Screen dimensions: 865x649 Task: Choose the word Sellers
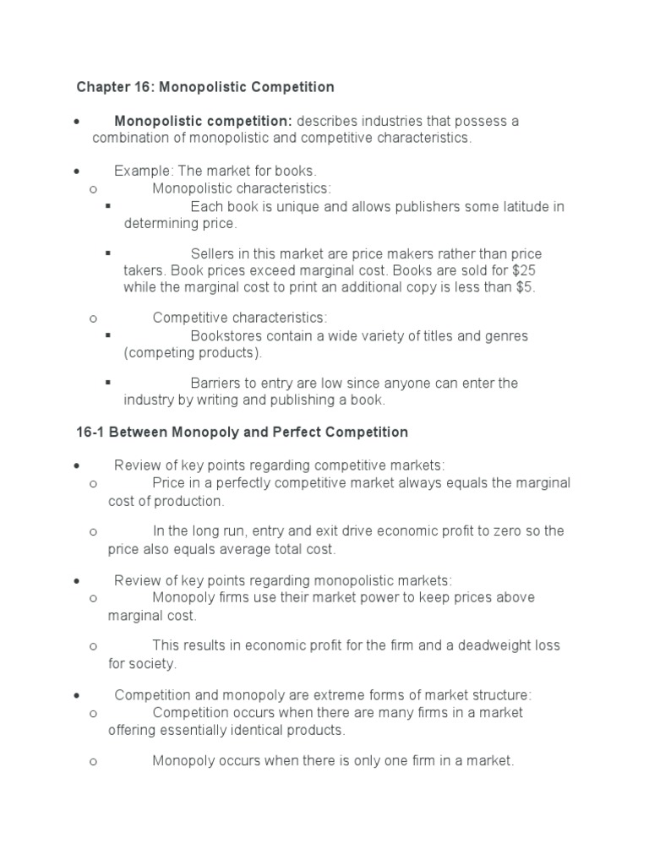(212, 254)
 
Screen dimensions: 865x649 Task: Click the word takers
(144, 271)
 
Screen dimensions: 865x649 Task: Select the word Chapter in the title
(102, 87)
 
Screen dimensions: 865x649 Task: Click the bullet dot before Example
(77, 171)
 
